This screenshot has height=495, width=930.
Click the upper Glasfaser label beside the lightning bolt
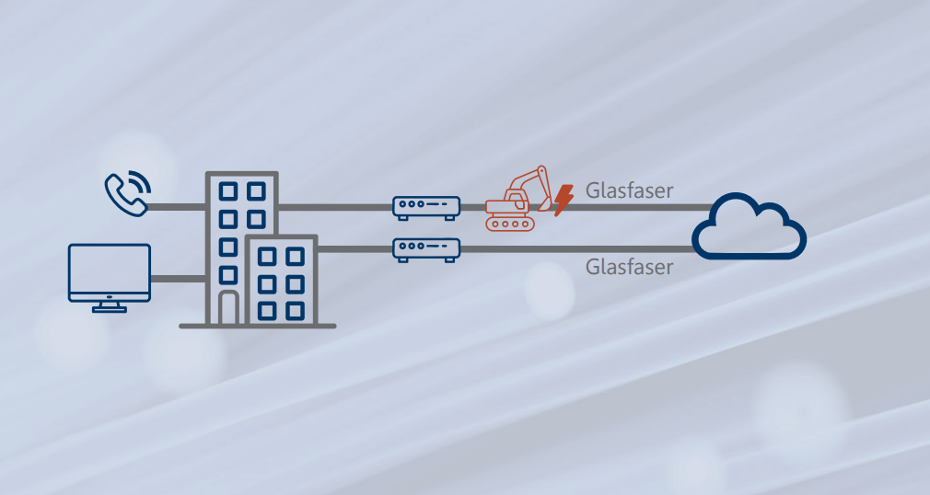point(629,191)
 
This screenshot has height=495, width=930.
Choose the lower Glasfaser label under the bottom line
point(629,267)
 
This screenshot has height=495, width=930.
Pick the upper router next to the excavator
point(426,206)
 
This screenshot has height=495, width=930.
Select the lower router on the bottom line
point(426,248)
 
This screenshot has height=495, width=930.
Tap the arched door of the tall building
point(228,308)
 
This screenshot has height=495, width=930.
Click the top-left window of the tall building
point(228,191)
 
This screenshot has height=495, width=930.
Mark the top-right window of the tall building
point(256,191)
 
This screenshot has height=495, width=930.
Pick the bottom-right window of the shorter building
point(294,310)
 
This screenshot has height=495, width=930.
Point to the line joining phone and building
point(176,206)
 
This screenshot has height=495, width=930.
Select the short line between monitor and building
point(177,278)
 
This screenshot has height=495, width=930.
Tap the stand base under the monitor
point(110,310)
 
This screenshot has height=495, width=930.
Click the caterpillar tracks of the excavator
point(509,222)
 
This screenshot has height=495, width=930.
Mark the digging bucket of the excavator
point(542,204)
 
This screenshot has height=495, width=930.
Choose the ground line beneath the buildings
point(258,325)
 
